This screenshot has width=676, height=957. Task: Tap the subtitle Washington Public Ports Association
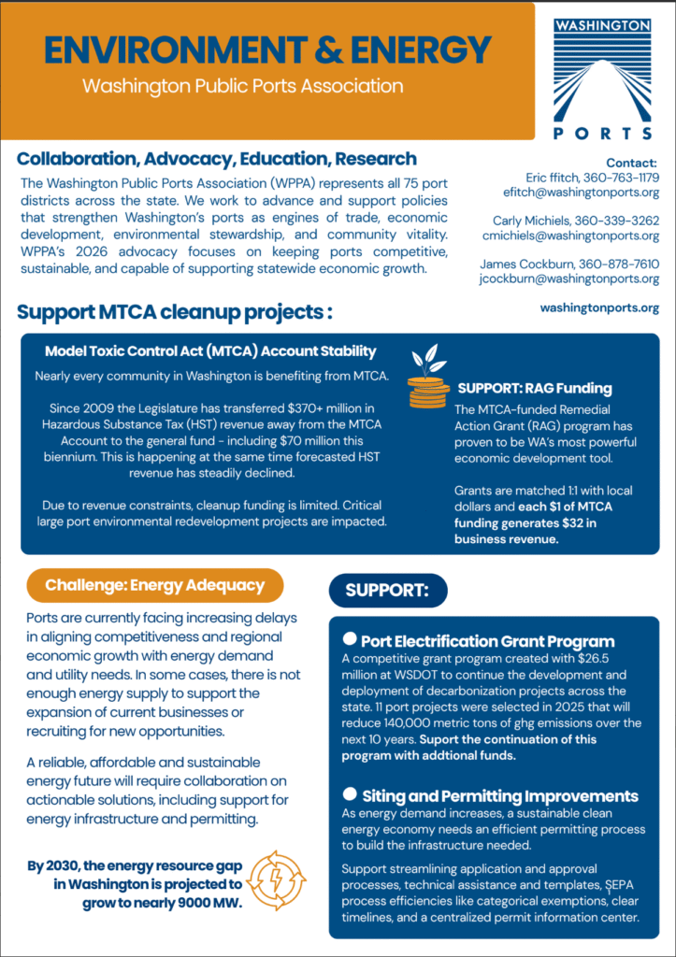click(242, 86)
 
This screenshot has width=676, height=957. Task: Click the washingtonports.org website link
click(599, 307)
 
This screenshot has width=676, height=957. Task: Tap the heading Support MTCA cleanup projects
click(175, 310)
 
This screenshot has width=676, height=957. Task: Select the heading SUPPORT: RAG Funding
click(534, 388)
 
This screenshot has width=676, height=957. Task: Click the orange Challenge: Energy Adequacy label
click(155, 586)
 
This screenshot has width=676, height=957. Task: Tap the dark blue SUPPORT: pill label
click(387, 590)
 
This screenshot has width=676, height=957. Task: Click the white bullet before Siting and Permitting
click(350, 794)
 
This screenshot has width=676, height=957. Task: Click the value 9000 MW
click(209, 902)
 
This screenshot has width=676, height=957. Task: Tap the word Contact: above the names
click(631, 162)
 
